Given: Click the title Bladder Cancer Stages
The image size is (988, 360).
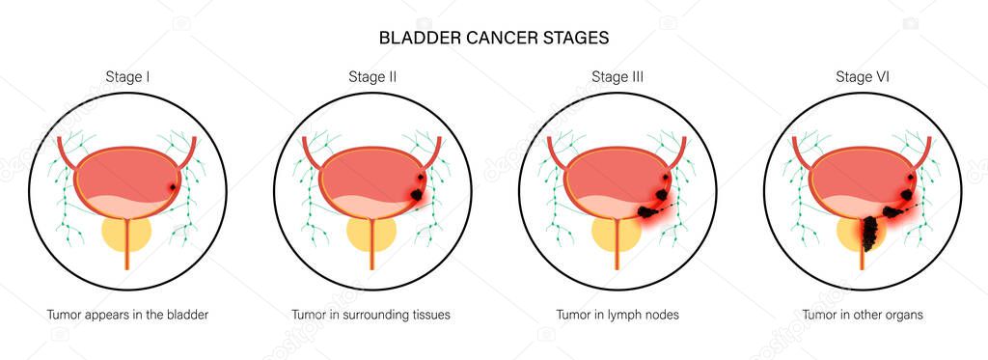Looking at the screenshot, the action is click(493, 38).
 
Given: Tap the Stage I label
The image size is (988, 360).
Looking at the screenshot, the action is click(127, 76).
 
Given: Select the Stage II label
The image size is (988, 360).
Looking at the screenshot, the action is click(371, 76).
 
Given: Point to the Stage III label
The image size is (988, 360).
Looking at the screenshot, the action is click(617, 76).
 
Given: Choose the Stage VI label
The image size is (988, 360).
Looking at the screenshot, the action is click(862, 76).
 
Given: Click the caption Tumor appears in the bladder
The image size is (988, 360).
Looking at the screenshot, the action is click(127, 315).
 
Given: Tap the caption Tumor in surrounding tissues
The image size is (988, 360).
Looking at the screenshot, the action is click(371, 315).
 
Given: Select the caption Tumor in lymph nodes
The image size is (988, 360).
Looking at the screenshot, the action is click(617, 315).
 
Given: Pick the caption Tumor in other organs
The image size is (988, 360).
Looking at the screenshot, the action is click(862, 315).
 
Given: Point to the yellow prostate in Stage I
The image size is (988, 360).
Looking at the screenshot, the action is click(126, 234).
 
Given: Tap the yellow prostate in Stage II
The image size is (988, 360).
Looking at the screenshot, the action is click(371, 234).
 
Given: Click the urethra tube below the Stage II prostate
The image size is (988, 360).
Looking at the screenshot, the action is click(371, 265).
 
